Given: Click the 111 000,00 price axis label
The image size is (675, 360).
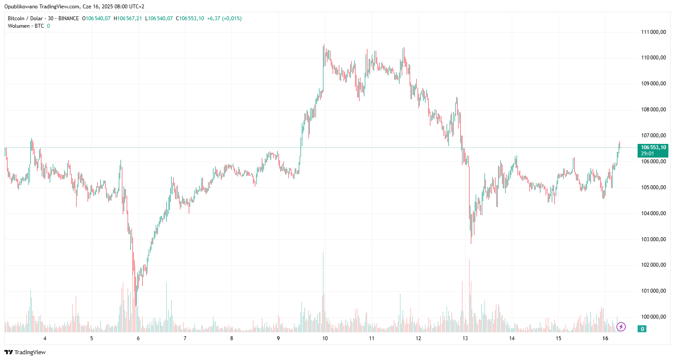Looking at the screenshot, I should [x=653, y=32].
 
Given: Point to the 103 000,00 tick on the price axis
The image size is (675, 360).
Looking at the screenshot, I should [x=653, y=239].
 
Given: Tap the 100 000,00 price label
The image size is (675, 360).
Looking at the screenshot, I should [x=653, y=317].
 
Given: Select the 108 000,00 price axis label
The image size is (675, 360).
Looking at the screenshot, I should [x=653, y=110].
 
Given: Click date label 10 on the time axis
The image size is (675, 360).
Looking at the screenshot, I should [x=325, y=338].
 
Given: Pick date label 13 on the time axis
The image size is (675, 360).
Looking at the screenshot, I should [x=465, y=338].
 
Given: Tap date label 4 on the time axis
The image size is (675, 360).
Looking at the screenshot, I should [x=45, y=338].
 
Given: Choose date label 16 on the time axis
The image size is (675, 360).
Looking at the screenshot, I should [x=605, y=338].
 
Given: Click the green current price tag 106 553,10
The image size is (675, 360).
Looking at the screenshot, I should [x=653, y=150].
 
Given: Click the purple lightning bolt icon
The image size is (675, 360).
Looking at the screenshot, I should [x=621, y=327].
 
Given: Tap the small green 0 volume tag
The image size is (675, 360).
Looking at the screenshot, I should [x=642, y=329].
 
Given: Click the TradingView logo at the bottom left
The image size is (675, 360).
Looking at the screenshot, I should [x=25, y=352].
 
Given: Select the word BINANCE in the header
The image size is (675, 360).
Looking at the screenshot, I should [x=69, y=18].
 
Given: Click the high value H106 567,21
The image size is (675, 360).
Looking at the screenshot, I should [x=128, y=18].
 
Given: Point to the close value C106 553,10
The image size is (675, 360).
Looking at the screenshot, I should [x=190, y=18].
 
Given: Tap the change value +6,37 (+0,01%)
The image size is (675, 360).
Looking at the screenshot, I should [x=224, y=18].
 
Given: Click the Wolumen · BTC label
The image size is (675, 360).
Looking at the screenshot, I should [x=26, y=26].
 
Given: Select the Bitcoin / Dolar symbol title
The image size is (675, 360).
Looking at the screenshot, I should [x=25, y=18].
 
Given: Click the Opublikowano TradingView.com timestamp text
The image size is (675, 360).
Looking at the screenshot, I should [x=74, y=7].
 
